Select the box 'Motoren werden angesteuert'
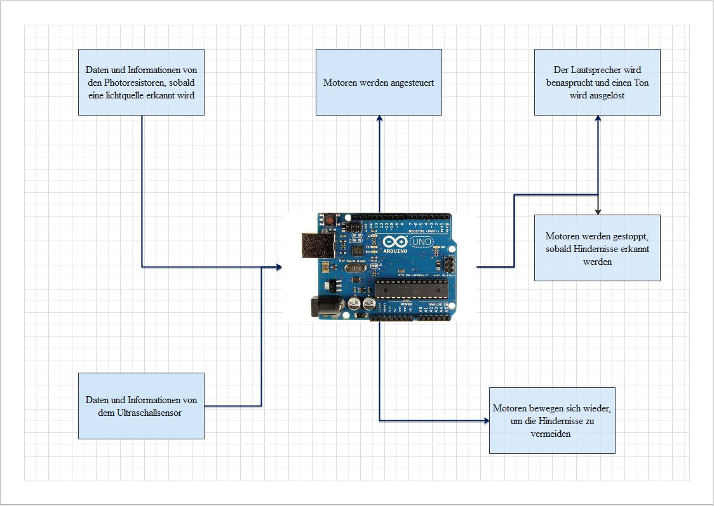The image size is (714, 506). click(x=379, y=83)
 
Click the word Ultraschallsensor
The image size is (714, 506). click(x=149, y=413)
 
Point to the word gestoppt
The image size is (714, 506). click(x=630, y=236)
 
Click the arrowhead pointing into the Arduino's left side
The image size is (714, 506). click(x=279, y=267)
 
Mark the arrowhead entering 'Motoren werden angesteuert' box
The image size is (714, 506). click(x=379, y=119)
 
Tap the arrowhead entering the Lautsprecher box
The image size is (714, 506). click(x=598, y=119)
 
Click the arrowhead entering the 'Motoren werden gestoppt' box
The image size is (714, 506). click(x=598, y=211)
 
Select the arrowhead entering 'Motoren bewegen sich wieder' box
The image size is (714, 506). click(x=485, y=420)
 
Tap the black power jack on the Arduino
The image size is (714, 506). click(x=321, y=307)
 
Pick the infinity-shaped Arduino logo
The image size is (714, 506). click(x=394, y=242)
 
